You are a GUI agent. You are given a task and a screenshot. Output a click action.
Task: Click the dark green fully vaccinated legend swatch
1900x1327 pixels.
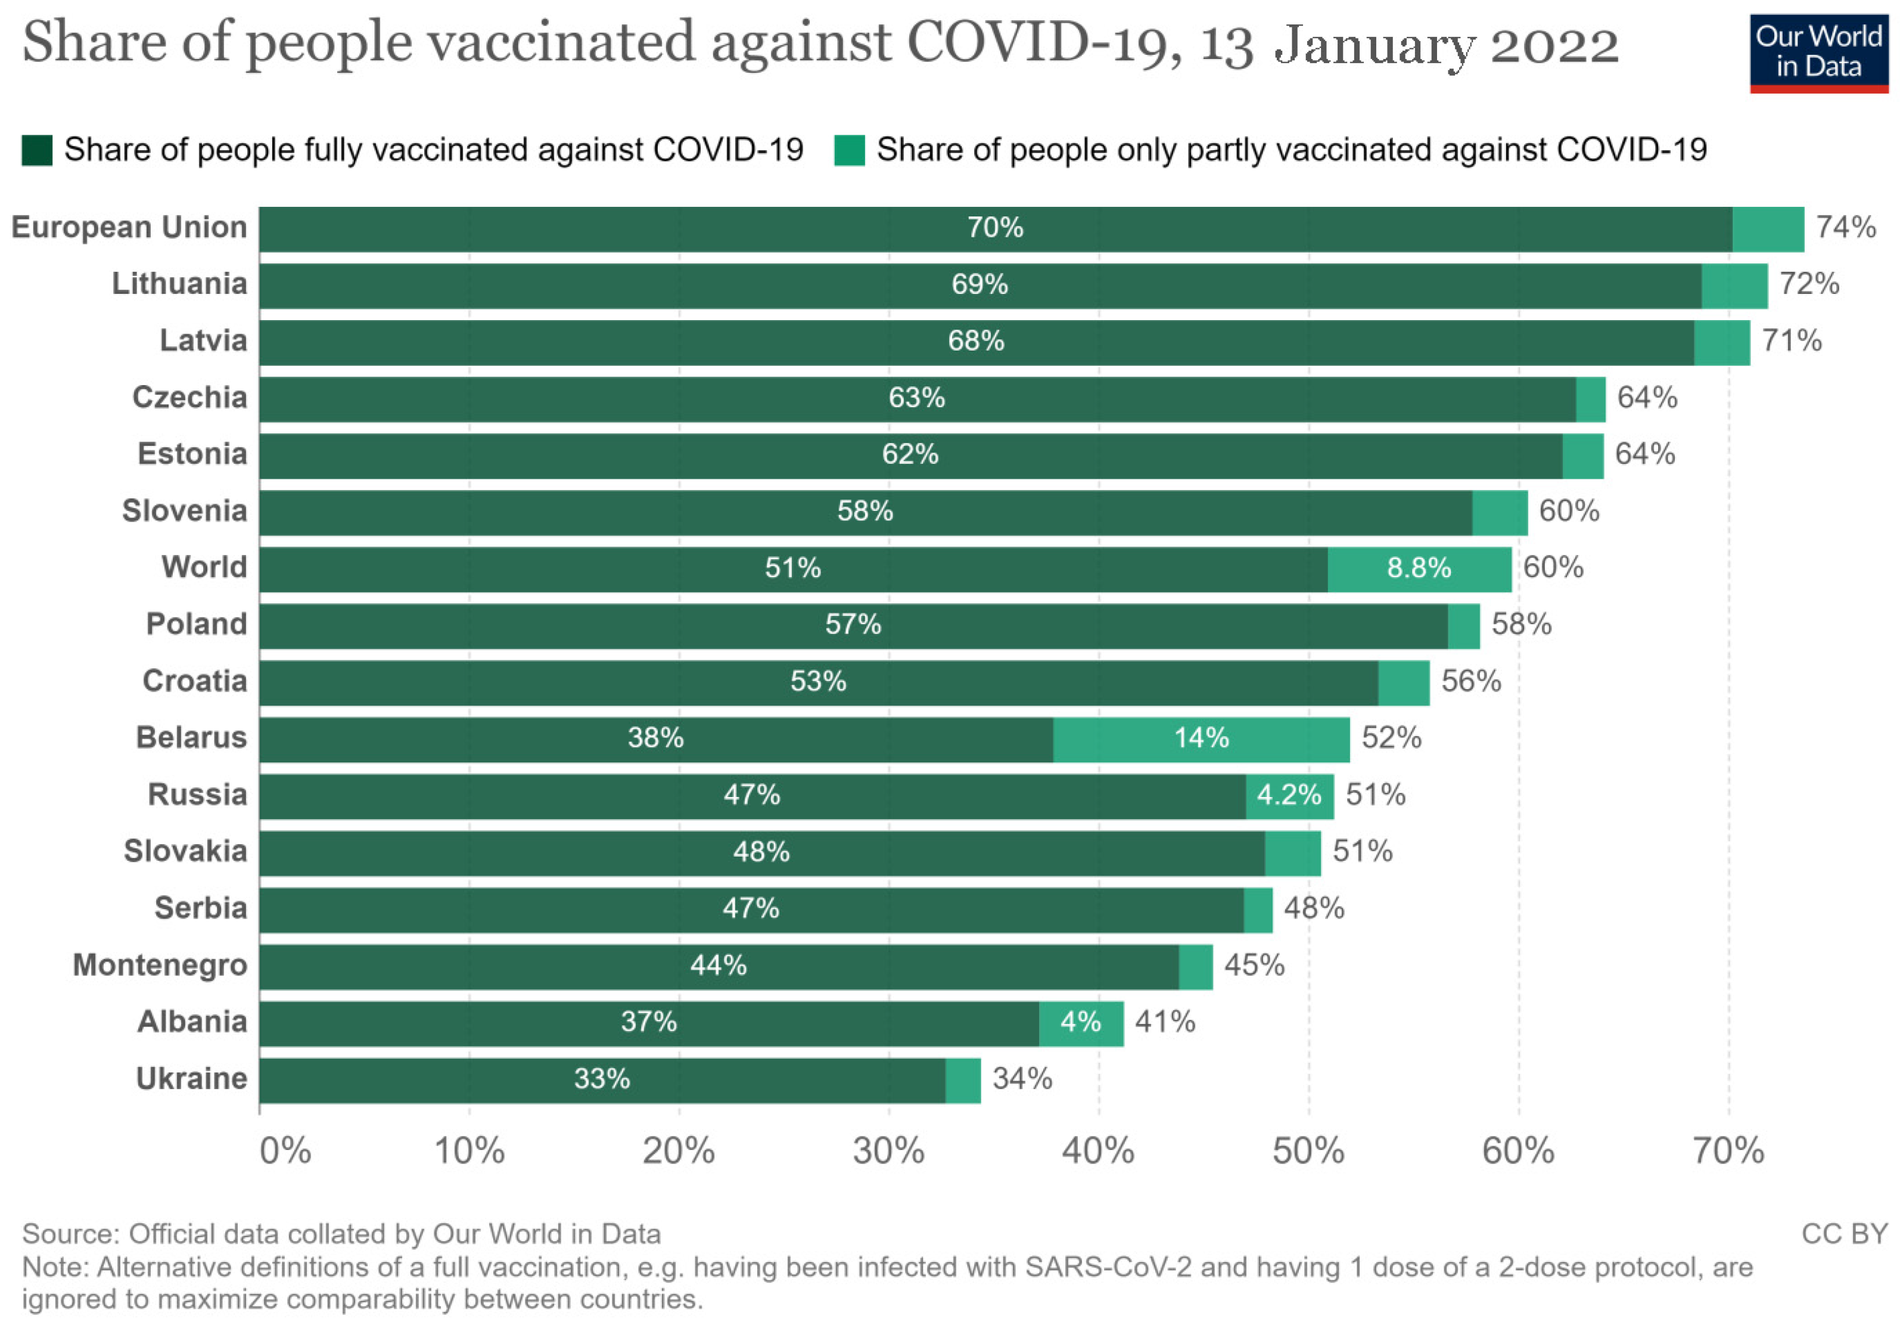click(38, 150)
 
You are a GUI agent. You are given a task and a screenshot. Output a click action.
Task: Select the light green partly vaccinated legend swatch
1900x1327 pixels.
click(849, 150)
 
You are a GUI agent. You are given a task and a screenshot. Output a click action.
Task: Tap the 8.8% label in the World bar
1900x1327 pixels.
click(1419, 568)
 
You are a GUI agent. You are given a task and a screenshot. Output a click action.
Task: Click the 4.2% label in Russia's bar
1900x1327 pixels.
click(1289, 795)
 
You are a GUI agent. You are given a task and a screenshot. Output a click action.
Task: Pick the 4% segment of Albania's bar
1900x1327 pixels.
click(1081, 1022)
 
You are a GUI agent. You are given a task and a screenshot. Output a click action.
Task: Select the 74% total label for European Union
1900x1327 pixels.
click(1845, 227)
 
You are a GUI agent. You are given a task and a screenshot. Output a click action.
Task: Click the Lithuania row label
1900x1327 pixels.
click(179, 284)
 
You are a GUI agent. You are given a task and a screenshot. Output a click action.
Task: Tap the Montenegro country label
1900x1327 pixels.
click(160, 965)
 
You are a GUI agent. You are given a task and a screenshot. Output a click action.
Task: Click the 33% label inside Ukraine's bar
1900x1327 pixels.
click(602, 1078)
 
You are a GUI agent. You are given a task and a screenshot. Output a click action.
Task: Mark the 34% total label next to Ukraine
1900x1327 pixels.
click(1022, 1078)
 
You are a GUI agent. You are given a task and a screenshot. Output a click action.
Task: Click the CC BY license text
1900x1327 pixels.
click(1844, 1234)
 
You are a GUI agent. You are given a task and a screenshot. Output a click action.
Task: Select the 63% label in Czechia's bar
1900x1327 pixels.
click(916, 398)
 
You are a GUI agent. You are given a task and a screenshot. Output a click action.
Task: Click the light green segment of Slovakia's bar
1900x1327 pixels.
click(1293, 852)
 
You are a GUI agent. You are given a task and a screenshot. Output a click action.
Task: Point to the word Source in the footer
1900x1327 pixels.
click(70, 1234)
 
